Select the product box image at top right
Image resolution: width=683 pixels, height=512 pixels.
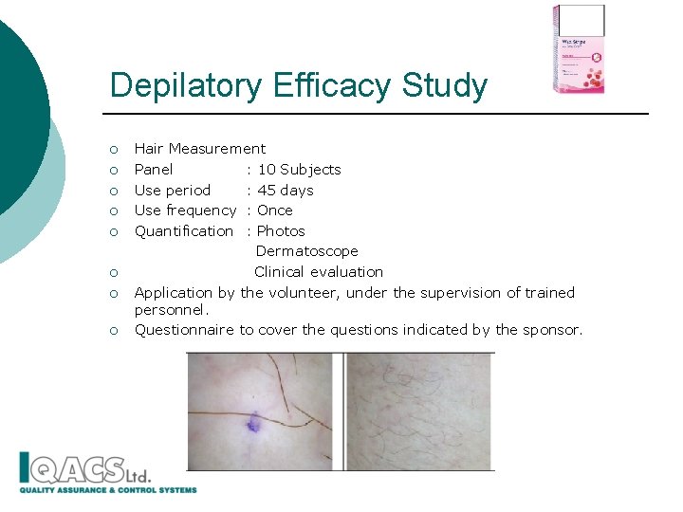(579, 49)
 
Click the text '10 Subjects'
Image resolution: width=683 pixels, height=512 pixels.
(299, 170)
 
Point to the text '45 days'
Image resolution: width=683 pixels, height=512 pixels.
(286, 191)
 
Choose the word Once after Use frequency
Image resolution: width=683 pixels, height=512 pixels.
(275, 210)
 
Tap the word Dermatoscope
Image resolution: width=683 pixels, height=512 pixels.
(306, 251)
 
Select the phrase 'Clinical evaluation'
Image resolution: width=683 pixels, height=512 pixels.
(319, 272)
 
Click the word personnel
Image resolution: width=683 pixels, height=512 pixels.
(170, 309)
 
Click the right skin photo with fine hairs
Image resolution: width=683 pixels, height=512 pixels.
(419, 411)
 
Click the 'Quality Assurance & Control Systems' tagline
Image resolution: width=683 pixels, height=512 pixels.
(108, 490)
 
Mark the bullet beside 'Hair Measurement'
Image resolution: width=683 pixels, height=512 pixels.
(113, 150)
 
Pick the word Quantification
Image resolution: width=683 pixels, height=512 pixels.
(184, 231)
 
